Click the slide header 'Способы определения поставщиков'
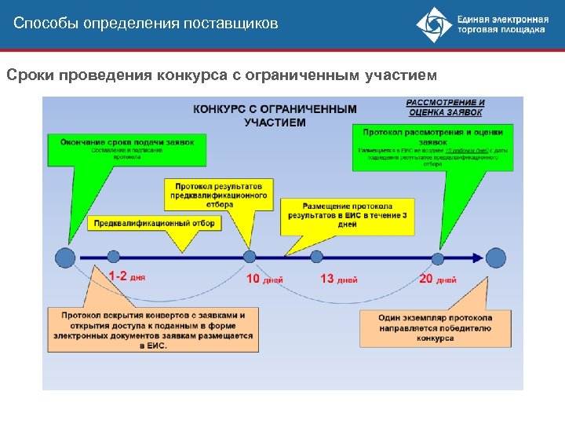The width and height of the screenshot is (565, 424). (146, 24)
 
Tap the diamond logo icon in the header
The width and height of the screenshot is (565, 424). (433, 25)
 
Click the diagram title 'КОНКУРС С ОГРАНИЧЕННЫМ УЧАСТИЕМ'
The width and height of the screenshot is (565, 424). (275, 115)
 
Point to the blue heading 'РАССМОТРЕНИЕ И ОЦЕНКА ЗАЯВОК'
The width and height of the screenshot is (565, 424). (445, 108)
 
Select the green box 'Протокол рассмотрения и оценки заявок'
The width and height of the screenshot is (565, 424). (432, 147)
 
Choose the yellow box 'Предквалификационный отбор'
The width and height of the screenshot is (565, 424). (153, 223)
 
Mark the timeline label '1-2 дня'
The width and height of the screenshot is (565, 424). (126, 277)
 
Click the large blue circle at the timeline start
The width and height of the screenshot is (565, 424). (66, 257)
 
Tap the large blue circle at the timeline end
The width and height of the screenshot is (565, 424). (496, 257)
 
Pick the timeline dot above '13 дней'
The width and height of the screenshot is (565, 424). (316, 256)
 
